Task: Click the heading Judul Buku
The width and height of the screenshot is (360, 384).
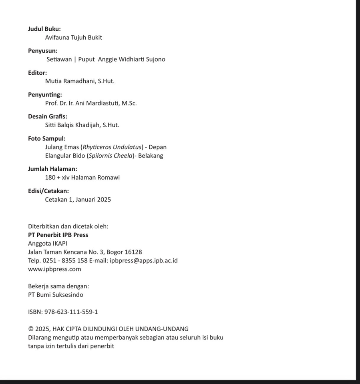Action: pos(44,29)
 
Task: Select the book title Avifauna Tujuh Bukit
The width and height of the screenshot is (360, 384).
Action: pos(73,38)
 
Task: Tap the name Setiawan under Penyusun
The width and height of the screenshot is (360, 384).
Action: pos(59,59)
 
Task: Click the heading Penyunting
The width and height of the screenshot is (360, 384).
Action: pos(45,95)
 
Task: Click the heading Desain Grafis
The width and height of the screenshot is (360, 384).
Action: pos(47,116)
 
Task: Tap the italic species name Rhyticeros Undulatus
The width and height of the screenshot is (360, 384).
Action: pos(113,147)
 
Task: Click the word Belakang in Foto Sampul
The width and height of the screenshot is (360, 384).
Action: pos(151,156)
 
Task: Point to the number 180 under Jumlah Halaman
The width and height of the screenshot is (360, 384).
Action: pos(50,178)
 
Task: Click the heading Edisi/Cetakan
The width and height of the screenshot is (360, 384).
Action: pos(48,191)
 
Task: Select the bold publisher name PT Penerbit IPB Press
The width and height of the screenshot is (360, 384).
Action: pos(58,235)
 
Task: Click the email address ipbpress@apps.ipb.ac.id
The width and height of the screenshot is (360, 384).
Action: pos(143,261)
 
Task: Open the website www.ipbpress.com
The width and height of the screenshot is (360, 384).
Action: pos(54,269)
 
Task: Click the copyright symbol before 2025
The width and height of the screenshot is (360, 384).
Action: pos(31,329)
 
